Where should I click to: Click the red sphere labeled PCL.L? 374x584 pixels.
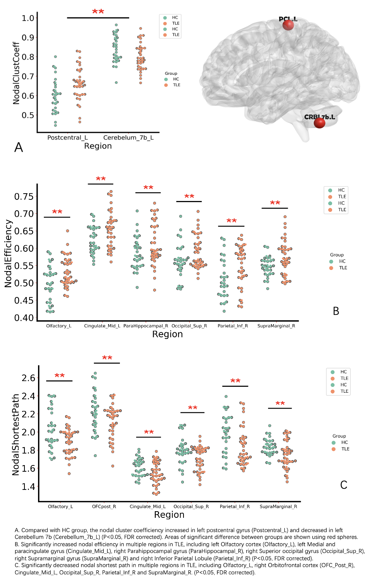288,25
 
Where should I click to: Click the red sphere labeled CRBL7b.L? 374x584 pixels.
319,123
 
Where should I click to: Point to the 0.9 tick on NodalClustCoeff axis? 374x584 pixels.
28,38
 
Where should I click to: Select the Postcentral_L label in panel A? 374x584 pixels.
68,137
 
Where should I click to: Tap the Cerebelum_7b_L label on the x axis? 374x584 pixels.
128,137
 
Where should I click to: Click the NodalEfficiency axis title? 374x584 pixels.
8,254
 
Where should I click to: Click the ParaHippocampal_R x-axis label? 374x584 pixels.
146,326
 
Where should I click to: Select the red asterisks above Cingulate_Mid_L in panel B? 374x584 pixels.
101,179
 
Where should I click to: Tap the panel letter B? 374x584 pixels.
336,311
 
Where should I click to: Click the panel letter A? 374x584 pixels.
19,148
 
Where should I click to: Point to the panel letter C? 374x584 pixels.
344,485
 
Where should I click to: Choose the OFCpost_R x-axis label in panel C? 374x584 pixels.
104,507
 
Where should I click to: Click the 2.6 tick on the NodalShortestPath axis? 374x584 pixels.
28,378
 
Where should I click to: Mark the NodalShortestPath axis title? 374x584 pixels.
16,435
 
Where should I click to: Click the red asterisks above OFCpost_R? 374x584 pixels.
107,358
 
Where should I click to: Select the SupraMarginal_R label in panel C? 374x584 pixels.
279,507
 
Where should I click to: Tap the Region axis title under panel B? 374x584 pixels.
167,334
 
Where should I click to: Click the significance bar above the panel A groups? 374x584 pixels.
98,18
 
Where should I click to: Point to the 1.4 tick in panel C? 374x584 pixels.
28,487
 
